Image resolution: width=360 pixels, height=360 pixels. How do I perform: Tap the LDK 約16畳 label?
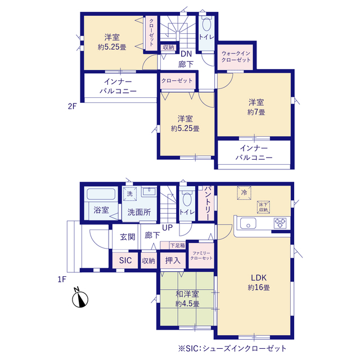pyautogui.click(x=259, y=282)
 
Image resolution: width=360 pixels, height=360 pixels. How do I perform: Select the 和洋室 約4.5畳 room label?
pyautogui.click(x=187, y=299)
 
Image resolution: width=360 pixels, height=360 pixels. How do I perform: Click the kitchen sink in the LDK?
pyautogui.click(x=248, y=223)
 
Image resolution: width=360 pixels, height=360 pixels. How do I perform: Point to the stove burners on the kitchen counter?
pyautogui.click(x=280, y=223)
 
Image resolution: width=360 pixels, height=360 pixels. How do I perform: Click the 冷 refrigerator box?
pyautogui.click(x=244, y=192)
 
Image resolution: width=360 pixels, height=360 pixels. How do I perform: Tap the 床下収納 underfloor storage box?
pyautogui.click(x=263, y=207)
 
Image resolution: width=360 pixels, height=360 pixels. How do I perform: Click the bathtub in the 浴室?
pyautogui.click(x=101, y=193)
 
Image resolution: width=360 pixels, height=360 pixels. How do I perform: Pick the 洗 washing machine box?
pyautogui.click(x=130, y=194)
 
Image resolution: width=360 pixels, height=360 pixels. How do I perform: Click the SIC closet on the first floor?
pyautogui.click(x=125, y=260)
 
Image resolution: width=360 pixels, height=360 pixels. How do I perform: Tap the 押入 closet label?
pyautogui.click(x=173, y=260)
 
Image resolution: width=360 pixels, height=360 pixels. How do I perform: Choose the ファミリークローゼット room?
pyautogui.click(x=201, y=255)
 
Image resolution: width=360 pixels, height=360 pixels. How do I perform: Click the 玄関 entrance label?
pyautogui.click(x=128, y=237)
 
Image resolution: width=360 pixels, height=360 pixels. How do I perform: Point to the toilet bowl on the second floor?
pyautogui.click(x=206, y=24)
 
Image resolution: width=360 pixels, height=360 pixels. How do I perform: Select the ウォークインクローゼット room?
pyautogui.click(x=235, y=57)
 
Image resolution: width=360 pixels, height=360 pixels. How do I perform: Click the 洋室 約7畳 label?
pyautogui.click(x=256, y=107)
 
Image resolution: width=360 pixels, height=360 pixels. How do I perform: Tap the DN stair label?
pyautogui.click(x=186, y=54)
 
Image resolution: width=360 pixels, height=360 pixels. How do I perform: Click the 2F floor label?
pyautogui.click(x=72, y=106)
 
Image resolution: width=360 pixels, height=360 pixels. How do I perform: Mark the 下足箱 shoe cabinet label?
pyautogui.click(x=178, y=245)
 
